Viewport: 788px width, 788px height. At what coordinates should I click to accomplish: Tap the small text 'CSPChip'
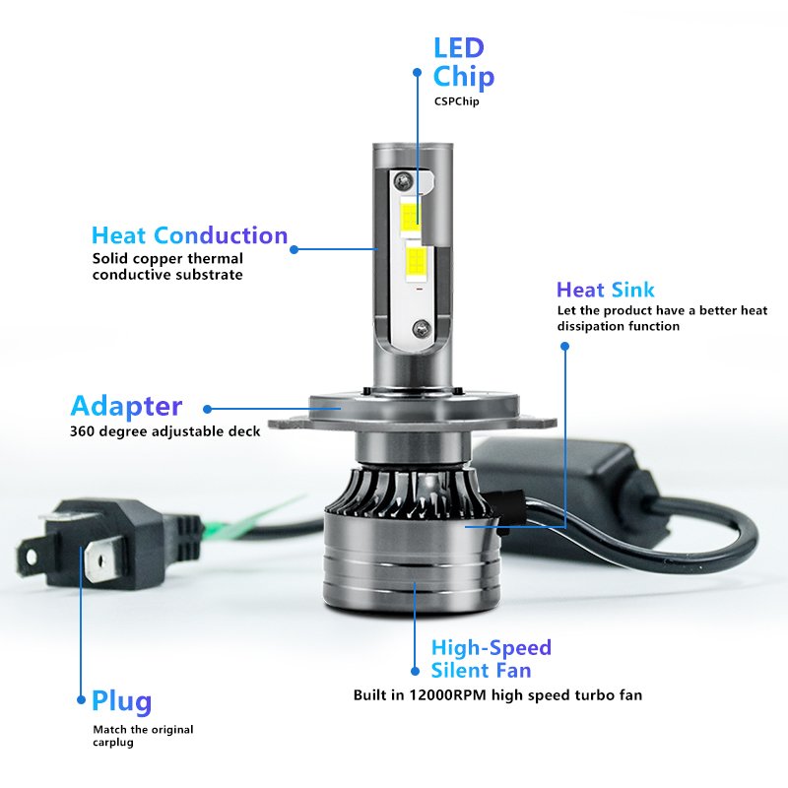coord(456,101)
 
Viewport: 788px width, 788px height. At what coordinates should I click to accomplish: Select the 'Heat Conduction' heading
coord(189,236)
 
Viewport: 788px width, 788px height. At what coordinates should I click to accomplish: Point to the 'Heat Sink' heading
coord(605,290)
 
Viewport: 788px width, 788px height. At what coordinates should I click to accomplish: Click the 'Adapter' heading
coord(126,406)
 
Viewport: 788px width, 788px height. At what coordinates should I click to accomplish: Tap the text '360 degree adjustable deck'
coord(164,431)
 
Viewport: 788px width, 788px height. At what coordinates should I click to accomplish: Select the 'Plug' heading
coord(122,701)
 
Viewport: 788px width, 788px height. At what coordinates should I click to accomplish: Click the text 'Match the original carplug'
coord(143,736)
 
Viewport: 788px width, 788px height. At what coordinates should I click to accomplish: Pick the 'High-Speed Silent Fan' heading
coord(491,659)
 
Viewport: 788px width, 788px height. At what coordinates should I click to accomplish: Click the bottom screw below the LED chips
coord(422,325)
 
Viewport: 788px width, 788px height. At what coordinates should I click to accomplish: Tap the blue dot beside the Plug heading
coord(81,701)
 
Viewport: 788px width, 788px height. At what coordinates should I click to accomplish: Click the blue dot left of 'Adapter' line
coord(206,407)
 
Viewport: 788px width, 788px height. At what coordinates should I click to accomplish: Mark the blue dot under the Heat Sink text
coord(564,346)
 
